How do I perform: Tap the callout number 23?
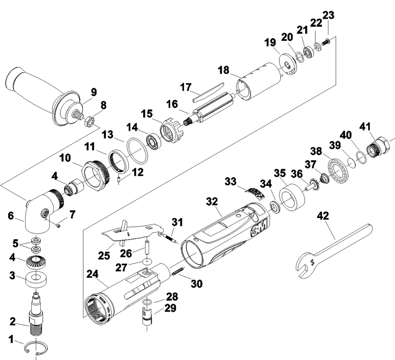pos(328,15)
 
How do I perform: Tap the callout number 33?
pos(230,180)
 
